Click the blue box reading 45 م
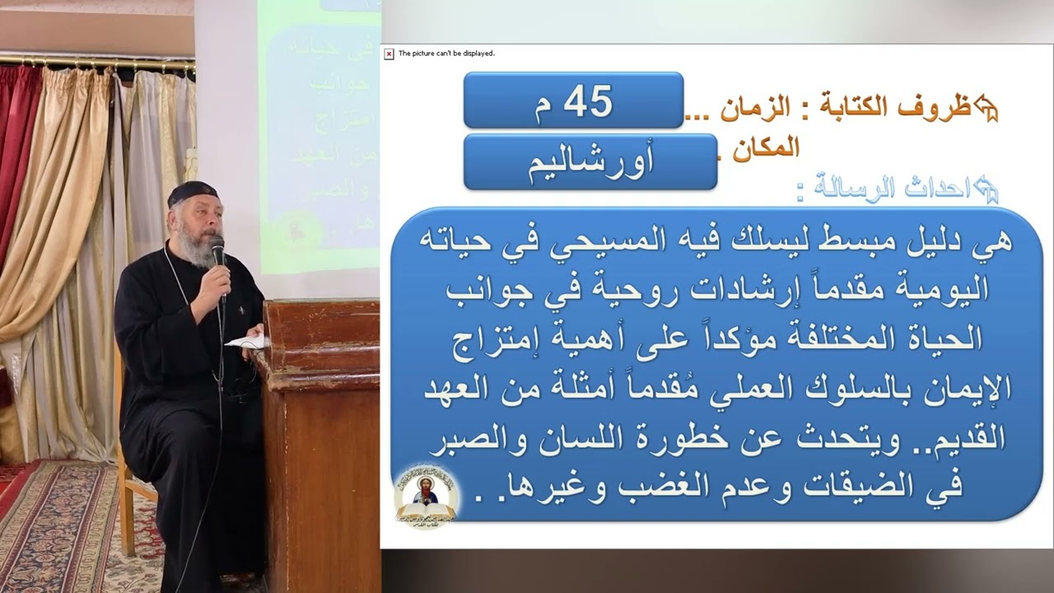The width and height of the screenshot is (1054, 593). point(573,100)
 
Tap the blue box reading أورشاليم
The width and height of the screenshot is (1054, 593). point(590,162)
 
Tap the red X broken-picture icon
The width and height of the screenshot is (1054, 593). point(389,54)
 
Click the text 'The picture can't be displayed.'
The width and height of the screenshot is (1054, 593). point(446,54)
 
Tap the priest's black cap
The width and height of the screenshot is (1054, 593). point(193,194)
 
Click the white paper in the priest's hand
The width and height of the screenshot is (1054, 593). point(246,340)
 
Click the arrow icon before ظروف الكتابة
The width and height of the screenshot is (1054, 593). point(986,107)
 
